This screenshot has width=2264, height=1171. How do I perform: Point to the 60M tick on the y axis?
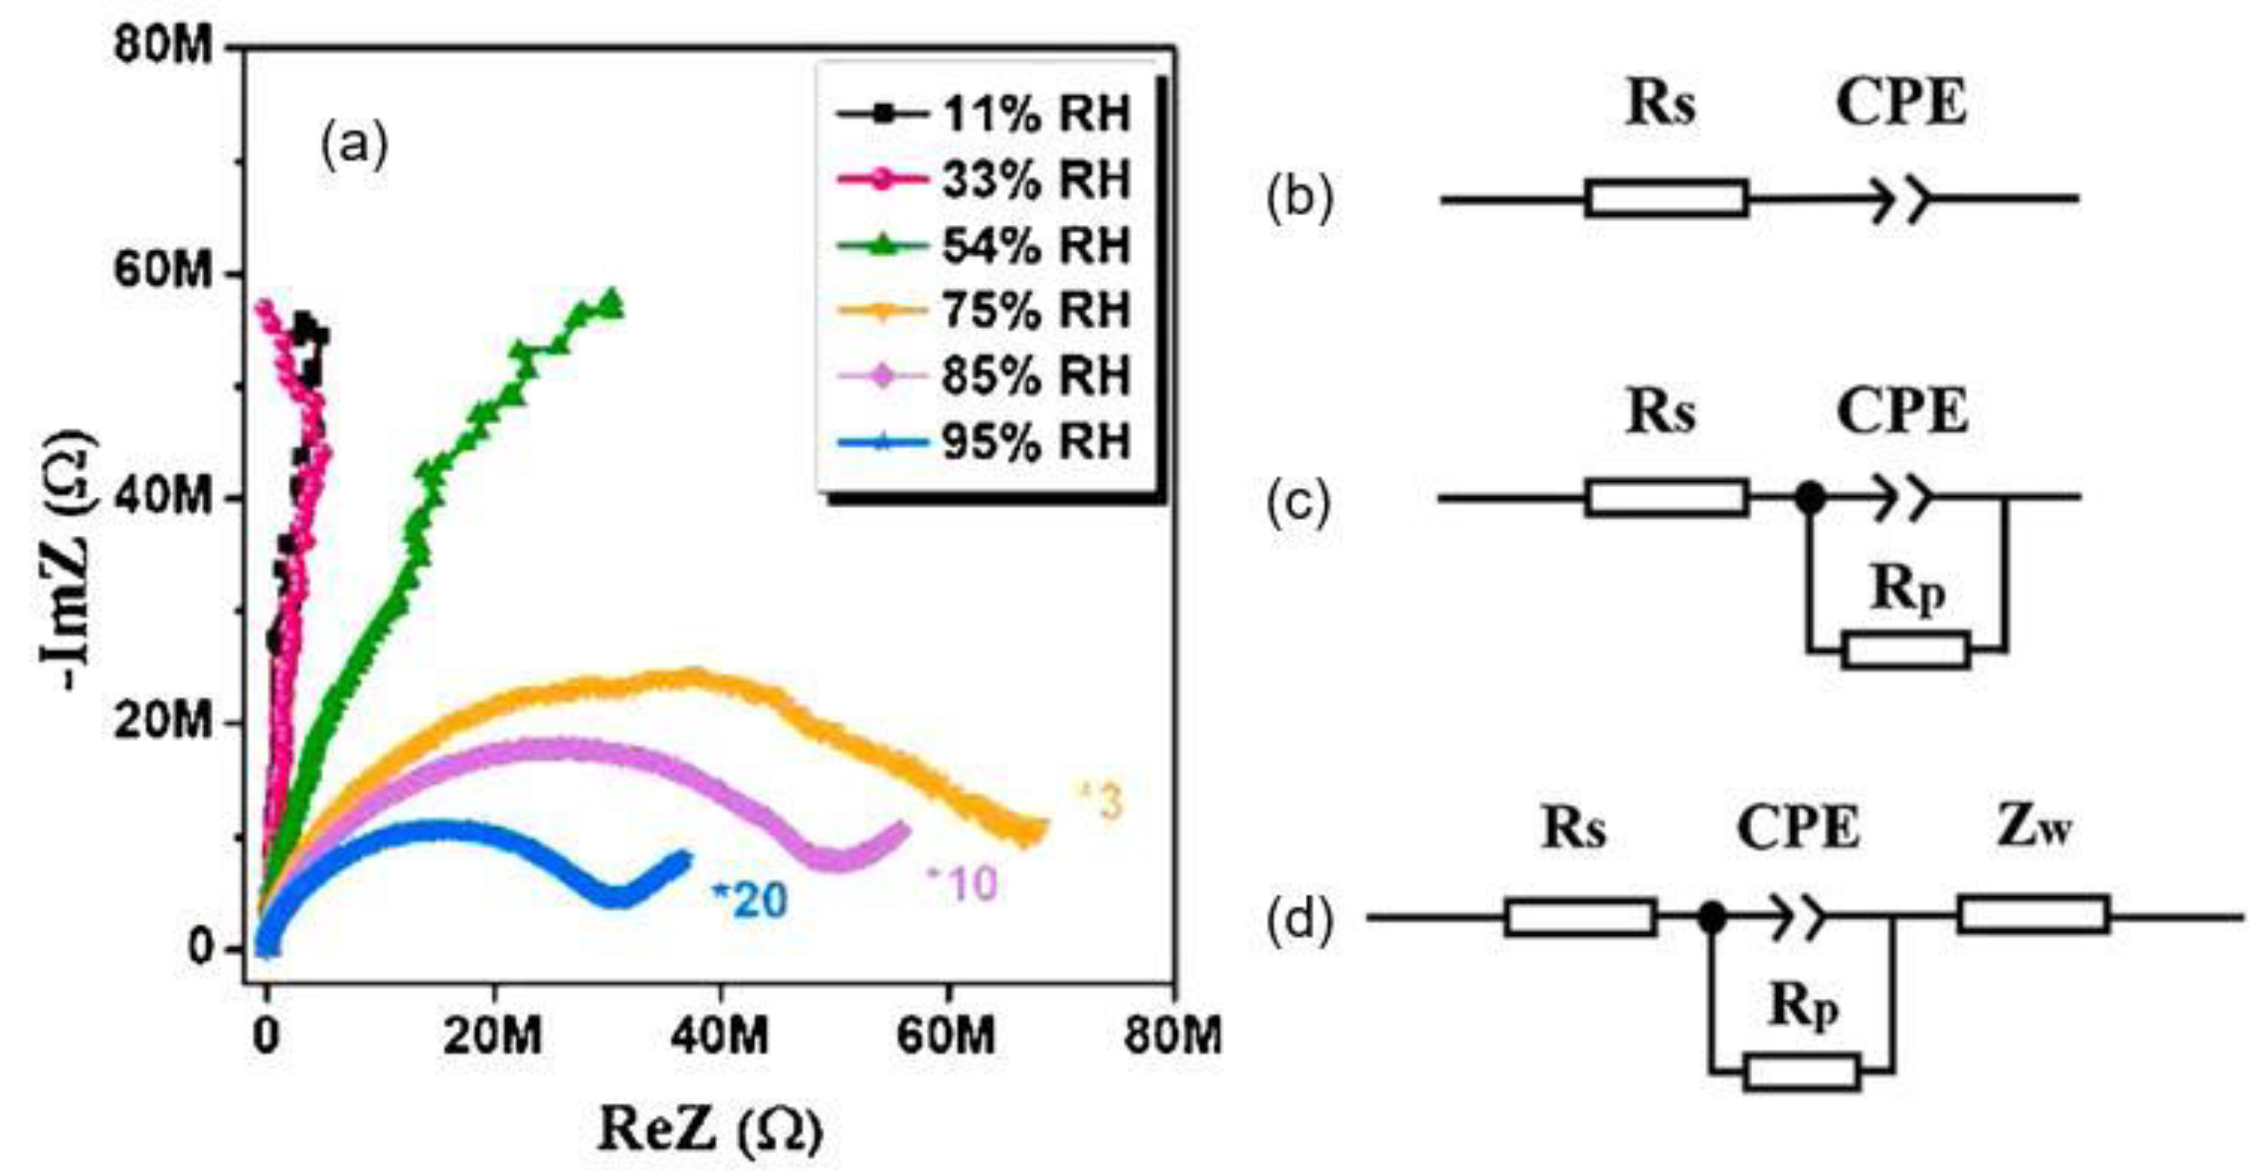[164, 272]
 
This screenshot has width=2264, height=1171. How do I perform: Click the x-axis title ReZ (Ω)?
[710, 1129]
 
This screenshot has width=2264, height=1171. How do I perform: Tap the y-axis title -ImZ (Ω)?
[68, 560]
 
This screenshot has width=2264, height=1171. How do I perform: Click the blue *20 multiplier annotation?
[749, 899]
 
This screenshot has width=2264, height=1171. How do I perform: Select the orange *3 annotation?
[1102, 802]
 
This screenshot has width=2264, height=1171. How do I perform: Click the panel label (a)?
[354, 146]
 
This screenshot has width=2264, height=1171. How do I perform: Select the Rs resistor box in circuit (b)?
[1666, 198]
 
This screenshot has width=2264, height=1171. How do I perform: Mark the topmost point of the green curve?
[611, 294]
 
